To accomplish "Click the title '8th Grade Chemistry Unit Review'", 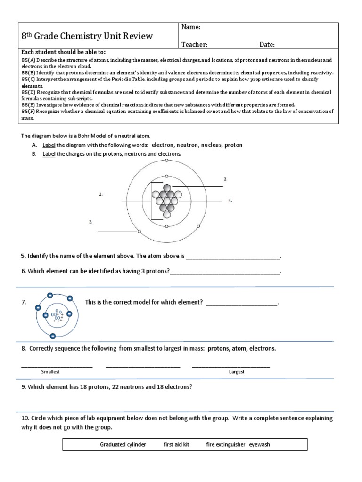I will (x=87, y=36).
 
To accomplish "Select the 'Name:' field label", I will (x=191, y=28).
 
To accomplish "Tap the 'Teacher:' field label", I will (x=194, y=44).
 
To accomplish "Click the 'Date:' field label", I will (x=267, y=44).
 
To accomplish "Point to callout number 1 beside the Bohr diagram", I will (x=100, y=193).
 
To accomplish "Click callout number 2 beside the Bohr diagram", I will (x=90, y=221).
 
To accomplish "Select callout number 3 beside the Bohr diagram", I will (x=226, y=179).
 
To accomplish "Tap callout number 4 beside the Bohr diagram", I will (x=230, y=201).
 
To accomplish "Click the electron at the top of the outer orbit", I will (x=166, y=161).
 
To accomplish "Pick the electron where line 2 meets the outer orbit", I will (x=139, y=231).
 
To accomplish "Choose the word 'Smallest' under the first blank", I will (x=50, y=372).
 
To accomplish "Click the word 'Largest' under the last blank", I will (x=237, y=372).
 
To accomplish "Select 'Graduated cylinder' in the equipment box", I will (x=123, y=444).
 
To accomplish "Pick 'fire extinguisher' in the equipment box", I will (x=226, y=444).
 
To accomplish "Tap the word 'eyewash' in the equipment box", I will (x=260, y=444).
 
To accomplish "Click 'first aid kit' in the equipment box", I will (x=176, y=444).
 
